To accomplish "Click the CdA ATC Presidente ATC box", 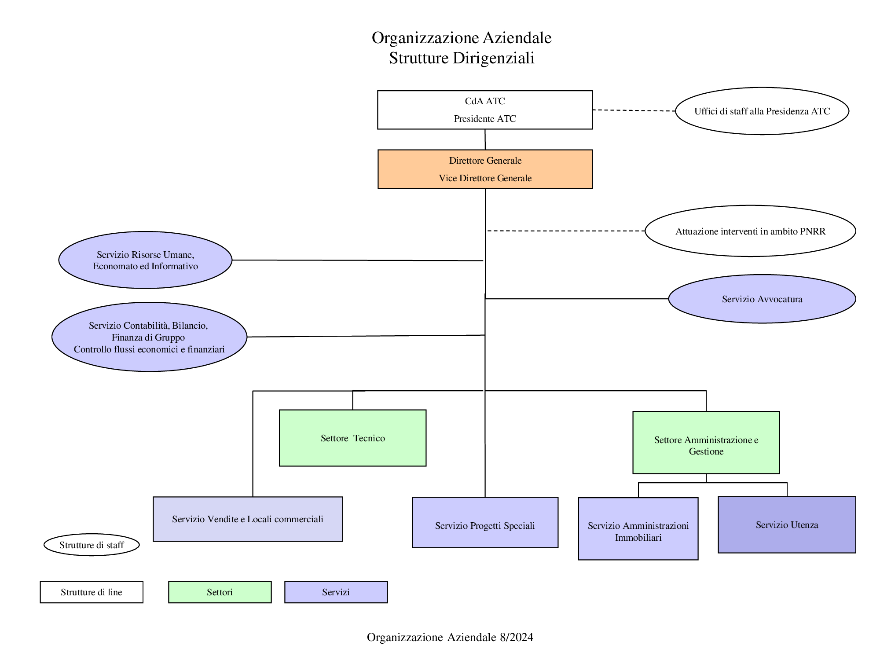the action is pos(485,110).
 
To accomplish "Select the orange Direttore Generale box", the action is pos(485,169).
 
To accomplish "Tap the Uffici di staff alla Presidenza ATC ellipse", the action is pos(762,111).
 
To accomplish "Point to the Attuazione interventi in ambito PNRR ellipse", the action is pos(750,231).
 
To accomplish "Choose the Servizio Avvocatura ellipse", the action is pos(762,299).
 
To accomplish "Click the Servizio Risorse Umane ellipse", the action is pos(145,260).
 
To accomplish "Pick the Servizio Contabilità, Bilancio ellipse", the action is pos(149,337).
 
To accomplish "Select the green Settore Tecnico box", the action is pos(352,438).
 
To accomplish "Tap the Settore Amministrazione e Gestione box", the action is pos(706,443).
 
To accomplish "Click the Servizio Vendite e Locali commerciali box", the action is pos(248,519).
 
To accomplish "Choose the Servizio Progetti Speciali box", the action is pos(485,523).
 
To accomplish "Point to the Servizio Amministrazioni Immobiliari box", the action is pos(638,529).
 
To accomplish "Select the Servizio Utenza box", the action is pos(787,525).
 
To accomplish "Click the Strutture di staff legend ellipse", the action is pos(92,545).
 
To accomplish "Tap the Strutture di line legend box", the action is pos(92,592).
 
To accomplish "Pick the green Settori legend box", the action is pos(220,592).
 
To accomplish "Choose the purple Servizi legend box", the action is pos(336,592).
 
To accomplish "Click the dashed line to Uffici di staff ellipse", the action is pos(634,110).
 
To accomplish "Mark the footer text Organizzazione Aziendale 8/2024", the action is pos(450,637).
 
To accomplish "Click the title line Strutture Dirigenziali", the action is pos(462,58).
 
